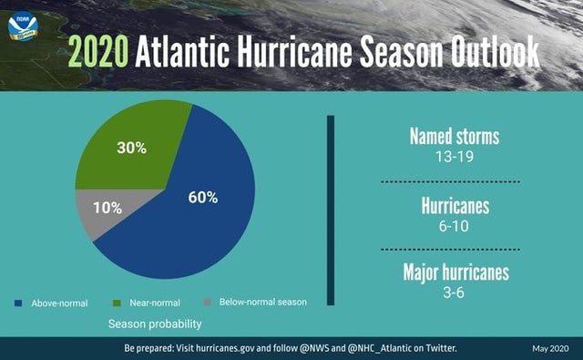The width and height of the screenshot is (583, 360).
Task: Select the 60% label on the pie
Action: tap(203, 198)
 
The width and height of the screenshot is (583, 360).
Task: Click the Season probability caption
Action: tap(154, 324)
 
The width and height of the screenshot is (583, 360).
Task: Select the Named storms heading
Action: tap(454, 137)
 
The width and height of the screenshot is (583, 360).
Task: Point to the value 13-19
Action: tap(454, 156)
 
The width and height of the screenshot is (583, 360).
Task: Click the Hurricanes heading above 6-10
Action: tap(454, 206)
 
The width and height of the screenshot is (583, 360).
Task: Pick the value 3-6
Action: tap(454, 292)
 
